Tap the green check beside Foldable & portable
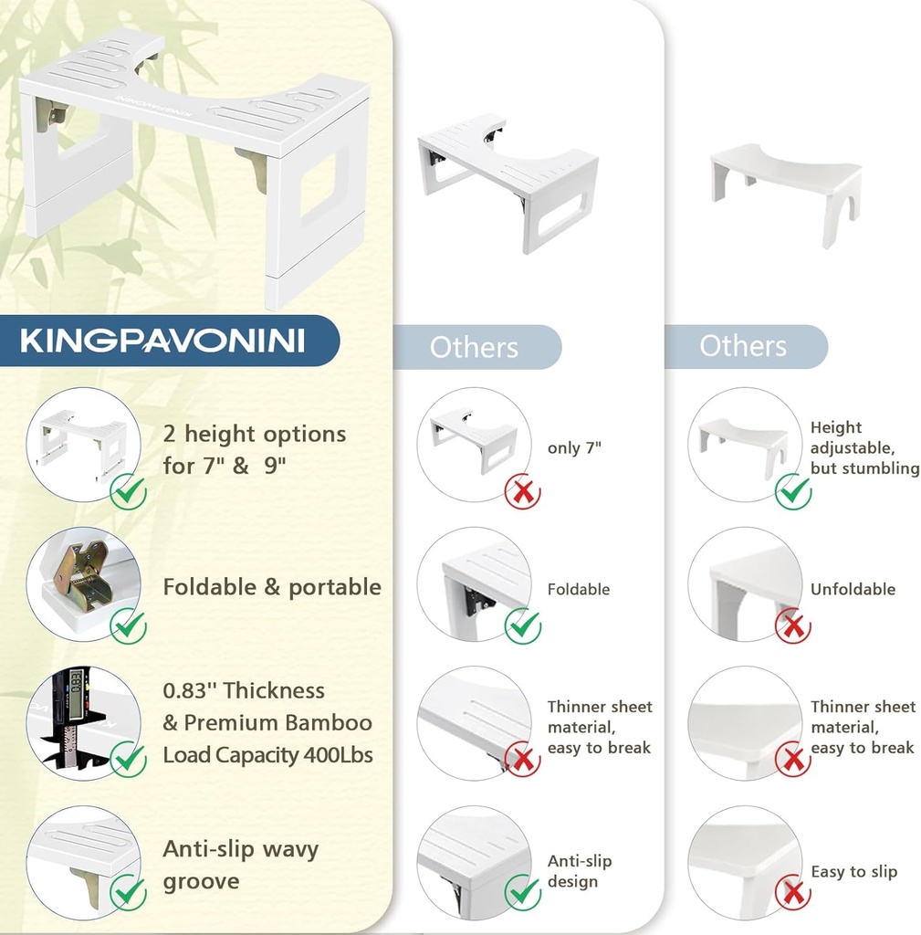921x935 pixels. (129, 625)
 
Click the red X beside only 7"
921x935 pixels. (523, 492)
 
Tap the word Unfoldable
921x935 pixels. (853, 590)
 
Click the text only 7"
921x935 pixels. (574, 448)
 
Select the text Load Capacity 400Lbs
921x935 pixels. (267, 755)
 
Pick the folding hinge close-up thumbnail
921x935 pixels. (82, 583)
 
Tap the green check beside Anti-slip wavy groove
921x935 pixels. (129, 892)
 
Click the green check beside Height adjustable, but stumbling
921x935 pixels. (793, 492)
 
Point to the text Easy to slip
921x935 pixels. (853, 872)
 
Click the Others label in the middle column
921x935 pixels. (474, 348)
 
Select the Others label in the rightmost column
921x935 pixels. (743, 347)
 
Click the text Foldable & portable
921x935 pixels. (272, 587)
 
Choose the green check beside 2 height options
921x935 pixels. (129, 493)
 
